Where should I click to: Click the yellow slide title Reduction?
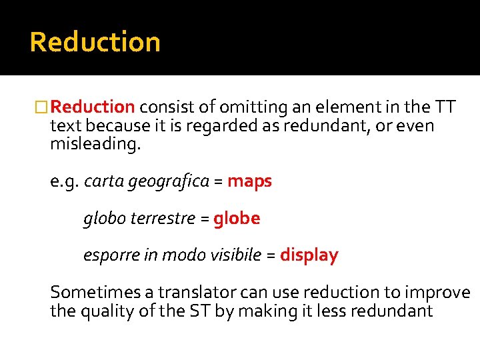95,42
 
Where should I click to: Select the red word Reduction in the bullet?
93,107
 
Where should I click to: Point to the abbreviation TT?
445,107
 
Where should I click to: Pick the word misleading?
95,144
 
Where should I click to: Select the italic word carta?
101,181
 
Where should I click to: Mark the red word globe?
237,218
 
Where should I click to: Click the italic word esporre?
111,255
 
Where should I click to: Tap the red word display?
309,255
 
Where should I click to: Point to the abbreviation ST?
199,310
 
